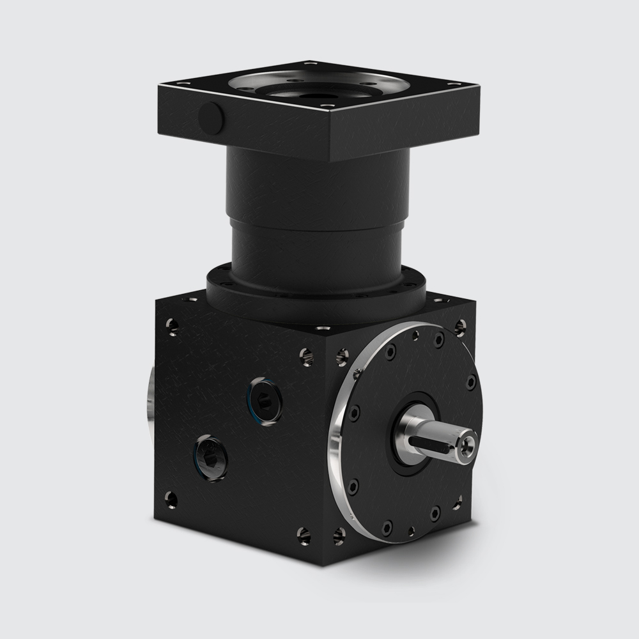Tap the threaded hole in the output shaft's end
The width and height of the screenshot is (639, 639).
tap(470, 442)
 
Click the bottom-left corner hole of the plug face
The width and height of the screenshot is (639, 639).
tap(172, 495)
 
